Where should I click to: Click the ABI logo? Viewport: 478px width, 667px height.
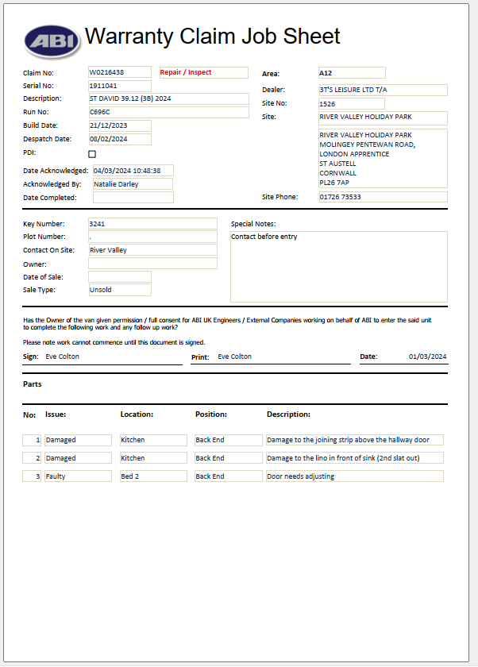click(51, 40)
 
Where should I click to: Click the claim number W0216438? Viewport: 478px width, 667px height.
click(107, 72)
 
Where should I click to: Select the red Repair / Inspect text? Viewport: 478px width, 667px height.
click(186, 72)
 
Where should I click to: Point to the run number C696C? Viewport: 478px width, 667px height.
click(101, 112)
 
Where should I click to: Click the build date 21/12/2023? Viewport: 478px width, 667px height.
click(110, 125)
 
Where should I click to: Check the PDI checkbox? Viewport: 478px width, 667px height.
click(92, 154)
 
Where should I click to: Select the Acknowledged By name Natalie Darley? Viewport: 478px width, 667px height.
click(116, 184)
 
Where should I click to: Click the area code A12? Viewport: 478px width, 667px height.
click(326, 73)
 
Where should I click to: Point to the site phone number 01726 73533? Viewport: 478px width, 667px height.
click(340, 197)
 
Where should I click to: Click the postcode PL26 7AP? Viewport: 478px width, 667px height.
click(334, 183)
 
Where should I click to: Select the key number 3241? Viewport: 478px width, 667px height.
click(98, 224)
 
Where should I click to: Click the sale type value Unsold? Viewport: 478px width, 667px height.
click(101, 290)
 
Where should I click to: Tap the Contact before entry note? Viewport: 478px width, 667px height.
click(264, 237)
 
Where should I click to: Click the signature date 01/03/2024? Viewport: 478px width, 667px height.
click(428, 357)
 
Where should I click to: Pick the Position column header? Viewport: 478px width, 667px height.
click(211, 414)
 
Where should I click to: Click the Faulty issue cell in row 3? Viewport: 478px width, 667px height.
click(56, 476)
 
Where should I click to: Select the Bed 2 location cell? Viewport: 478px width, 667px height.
click(130, 476)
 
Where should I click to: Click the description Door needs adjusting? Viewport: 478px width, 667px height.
click(301, 476)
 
